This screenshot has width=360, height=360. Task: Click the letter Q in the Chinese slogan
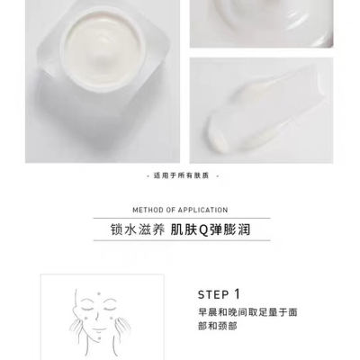point(203,230)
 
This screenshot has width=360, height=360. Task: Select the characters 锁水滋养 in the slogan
point(138,230)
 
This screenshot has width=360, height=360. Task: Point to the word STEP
point(213,295)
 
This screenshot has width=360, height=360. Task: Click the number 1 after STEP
point(237,294)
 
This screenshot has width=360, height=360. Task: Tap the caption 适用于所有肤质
point(181,175)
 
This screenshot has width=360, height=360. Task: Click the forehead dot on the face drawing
point(98,293)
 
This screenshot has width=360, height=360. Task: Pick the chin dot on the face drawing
point(99,338)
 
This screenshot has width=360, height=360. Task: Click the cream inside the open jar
point(103,49)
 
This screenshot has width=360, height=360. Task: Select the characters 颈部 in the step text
point(230,326)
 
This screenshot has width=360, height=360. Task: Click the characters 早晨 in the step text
point(207,312)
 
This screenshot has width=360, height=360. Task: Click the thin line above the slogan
point(182,218)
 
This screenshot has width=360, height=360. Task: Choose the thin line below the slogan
point(182,240)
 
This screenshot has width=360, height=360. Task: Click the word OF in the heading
point(170,210)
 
